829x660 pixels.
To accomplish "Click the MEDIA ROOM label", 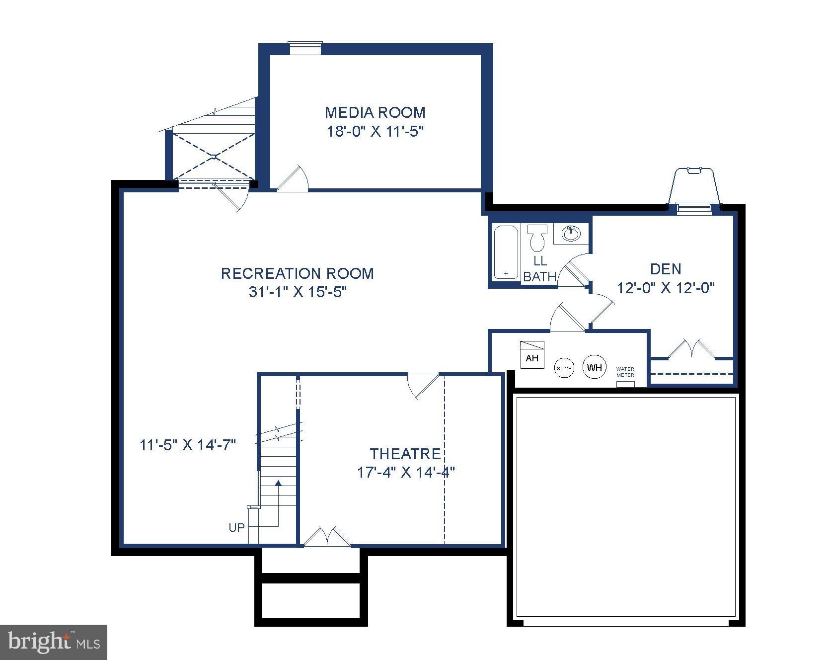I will point(375,112).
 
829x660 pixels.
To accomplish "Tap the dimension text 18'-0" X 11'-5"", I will point(375,132).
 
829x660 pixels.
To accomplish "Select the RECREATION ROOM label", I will point(297,273).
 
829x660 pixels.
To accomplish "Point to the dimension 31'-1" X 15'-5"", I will point(297,292).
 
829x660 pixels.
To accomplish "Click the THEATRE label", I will point(405,454).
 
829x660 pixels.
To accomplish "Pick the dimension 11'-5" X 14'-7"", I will point(188,445).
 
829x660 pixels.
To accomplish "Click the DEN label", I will point(666,269).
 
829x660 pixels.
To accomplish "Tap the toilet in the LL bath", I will point(536,238).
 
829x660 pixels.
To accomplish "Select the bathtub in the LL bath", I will point(506,252).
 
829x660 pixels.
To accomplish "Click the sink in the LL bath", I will point(571,233).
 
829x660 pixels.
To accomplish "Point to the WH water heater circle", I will point(594,367).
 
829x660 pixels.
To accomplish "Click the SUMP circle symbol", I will point(564,368).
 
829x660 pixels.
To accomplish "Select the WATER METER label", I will point(625,372).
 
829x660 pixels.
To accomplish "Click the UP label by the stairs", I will point(236,527).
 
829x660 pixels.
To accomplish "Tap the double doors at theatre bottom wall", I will point(327,537).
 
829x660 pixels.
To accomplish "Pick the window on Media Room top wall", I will point(305,48).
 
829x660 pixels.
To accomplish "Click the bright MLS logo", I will point(54,642).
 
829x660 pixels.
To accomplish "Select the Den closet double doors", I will point(691,349).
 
